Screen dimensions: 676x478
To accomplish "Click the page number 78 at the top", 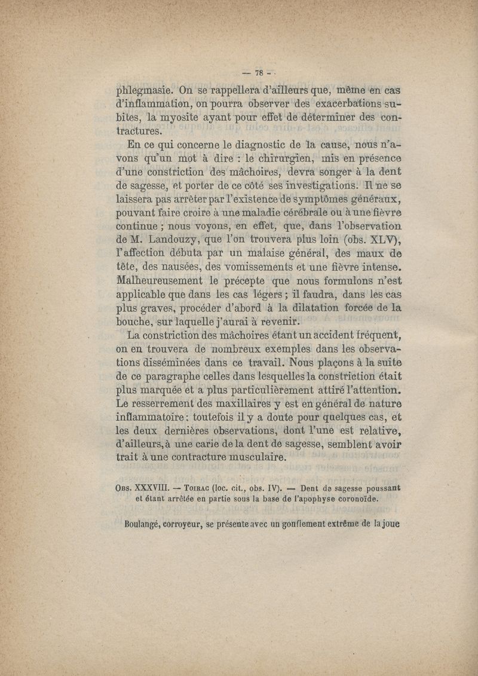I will (260, 74).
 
